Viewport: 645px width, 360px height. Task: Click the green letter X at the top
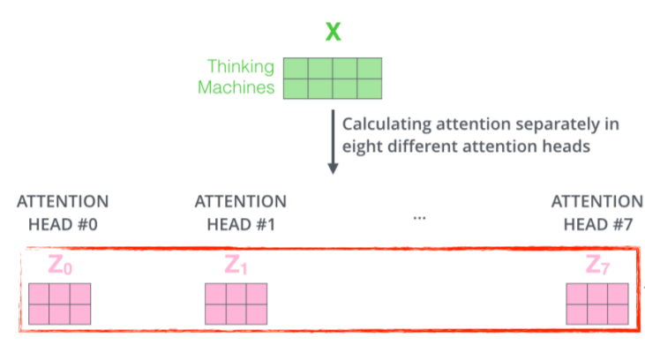tap(333, 33)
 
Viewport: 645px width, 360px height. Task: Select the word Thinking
tap(240, 67)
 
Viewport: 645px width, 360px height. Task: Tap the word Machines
tap(236, 87)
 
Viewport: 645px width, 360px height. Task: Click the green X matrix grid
tap(333, 78)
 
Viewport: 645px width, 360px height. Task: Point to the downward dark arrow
tap(333, 141)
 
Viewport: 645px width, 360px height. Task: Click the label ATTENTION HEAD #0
tap(63, 213)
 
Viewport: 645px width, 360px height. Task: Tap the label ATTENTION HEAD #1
tap(240, 213)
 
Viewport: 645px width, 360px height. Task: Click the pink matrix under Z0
tap(60, 304)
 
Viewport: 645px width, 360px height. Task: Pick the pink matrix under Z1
tap(236, 304)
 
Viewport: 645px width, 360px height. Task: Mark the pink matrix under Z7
tap(597, 304)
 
